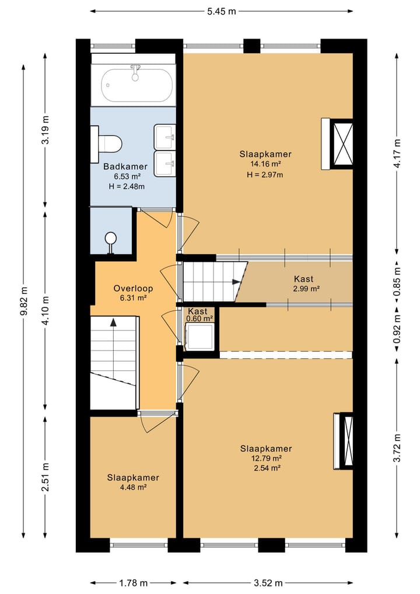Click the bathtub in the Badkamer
(136, 85)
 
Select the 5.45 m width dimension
(221, 11)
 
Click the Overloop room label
(133, 289)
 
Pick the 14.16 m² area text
(265, 164)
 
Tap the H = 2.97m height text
(265, 175)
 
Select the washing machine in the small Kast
(199, 336)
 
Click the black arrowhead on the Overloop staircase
(113, 322)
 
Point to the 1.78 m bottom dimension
(133, 583)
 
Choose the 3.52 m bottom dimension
(268, 583)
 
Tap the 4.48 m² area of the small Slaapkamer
(133, 488)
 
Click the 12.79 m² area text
(266, 458)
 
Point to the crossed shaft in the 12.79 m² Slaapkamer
(346, 441)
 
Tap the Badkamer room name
(125, 166)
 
